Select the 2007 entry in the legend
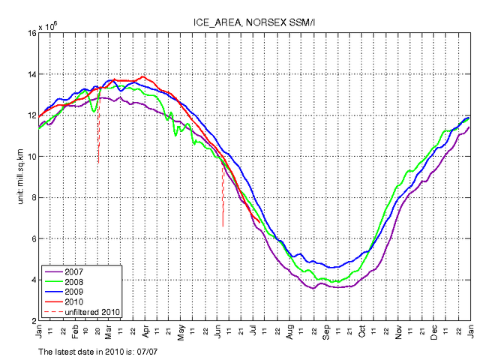pos(73,271)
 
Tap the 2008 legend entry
pos(73,281)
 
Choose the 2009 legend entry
pos(73,291)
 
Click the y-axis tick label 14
pos(31,74)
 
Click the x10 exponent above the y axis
pos(47,27)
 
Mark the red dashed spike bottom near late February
pos(98,163)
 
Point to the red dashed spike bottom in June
pos(223,226)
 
